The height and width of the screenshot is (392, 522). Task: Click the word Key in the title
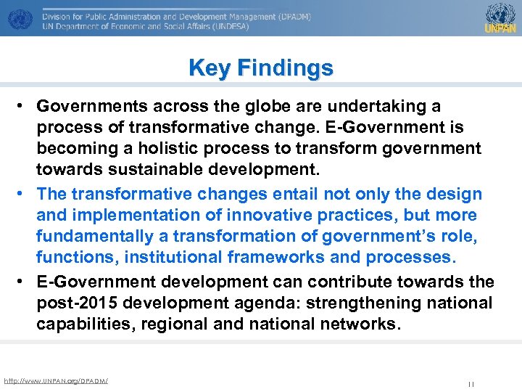coord(207,68)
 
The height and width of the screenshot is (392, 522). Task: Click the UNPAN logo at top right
coord(500,17)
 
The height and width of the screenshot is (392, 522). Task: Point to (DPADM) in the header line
coord(287,15)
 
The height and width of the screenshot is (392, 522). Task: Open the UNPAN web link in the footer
coord(56,380)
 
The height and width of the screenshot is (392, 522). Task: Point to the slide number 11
coord(471,384)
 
